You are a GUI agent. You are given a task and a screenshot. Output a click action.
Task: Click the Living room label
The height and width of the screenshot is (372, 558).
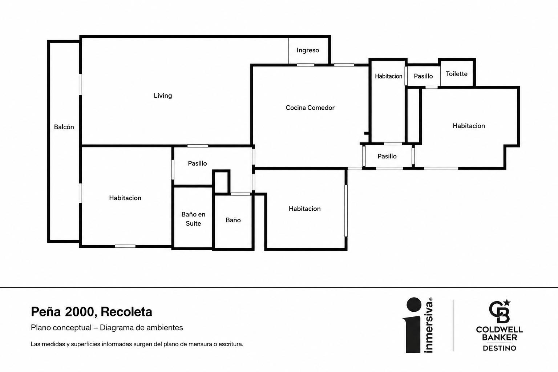[x=163, y=96]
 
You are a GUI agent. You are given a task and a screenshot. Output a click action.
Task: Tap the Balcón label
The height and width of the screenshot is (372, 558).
[x=64, y=127]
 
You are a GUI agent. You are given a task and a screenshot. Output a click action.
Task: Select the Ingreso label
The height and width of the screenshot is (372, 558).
[x=308, y=50]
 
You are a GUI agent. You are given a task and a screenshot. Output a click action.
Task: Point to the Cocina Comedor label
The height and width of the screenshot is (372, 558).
[x=310, y=108]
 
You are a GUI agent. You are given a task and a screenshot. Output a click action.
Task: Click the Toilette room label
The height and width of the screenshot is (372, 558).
[x=456, y=74]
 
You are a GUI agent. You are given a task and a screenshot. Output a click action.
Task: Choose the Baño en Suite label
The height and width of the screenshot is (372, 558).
[x=193, y=219]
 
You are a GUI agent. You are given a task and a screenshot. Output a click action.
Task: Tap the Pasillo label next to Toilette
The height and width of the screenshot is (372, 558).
[x=423, y=76]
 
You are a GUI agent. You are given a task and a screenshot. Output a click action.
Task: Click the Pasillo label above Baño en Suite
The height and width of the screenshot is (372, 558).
[x=197, y=163]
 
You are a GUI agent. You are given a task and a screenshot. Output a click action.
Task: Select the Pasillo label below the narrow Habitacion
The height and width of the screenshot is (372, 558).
[x=387, y=156]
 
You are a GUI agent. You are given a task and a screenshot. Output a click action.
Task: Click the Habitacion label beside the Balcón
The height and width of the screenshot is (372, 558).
[x=125, y=198]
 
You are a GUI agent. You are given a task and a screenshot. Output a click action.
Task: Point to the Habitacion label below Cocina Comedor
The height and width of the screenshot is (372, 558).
[x=304, y=209]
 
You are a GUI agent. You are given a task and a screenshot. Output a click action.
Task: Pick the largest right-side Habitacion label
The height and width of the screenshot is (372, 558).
[x=469, y=126]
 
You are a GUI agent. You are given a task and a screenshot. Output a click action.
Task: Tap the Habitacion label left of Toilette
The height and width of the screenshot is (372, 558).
[x=388, y=76]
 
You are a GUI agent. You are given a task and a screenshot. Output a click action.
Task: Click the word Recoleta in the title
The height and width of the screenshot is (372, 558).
[x=126, y=312]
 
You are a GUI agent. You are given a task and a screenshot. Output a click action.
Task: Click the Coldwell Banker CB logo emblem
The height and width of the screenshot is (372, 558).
[x=500, y=311]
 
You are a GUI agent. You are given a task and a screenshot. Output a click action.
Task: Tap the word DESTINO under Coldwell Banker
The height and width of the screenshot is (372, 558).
[x=500, y=348]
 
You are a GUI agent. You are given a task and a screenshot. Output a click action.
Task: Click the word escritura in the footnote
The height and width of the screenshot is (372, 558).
[x=231, y=344]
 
